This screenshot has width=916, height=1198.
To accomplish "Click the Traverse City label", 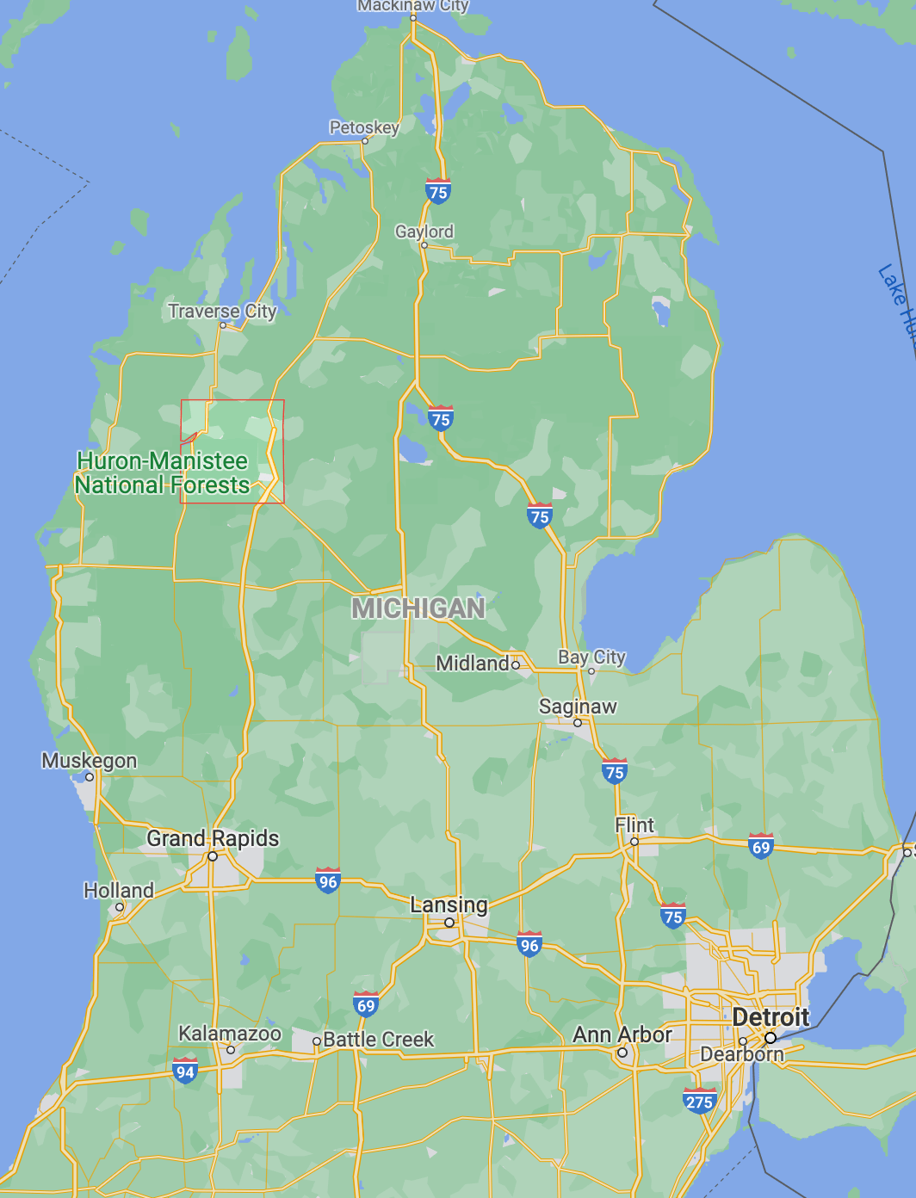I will (222, 311).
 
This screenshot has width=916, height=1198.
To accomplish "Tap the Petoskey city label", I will (364, 127).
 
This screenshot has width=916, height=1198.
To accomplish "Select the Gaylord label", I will (424, 232).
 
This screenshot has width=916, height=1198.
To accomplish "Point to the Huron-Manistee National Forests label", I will (162, 473).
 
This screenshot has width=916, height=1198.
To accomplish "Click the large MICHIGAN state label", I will (418, 608).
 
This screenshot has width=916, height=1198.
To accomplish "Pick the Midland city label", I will (473, 664).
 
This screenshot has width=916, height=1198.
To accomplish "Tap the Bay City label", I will (591, 658).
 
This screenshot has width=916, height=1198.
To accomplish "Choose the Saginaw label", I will (578, 707).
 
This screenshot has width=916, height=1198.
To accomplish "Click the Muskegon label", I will (90, 761).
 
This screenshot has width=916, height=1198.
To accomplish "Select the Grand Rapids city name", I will (213, 838).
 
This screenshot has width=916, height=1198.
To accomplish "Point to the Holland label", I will (119, 891).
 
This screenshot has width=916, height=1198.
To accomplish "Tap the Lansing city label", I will (449, 905).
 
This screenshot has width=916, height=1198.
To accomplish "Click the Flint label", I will (634, 825).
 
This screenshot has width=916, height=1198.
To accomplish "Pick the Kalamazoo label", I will (230, 1034).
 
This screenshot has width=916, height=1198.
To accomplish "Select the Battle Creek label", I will (378, 1040).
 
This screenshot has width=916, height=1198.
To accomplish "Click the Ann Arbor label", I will (622, 1034).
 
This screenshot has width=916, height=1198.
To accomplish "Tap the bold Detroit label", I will (771, 1017).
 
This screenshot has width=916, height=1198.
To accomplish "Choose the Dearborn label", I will (742, 1054).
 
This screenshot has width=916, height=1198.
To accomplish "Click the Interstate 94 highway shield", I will (185, 1071).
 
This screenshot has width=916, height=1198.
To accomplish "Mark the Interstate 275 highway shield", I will (698, 1101).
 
